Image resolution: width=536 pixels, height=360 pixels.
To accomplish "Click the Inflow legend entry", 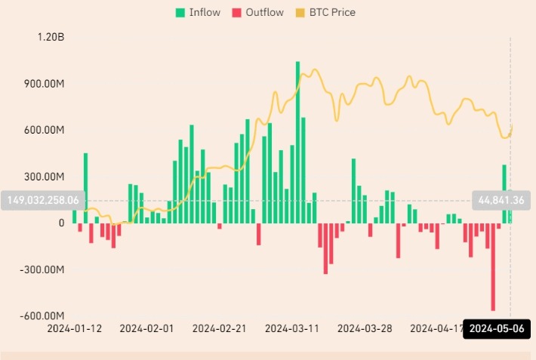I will [198, 12].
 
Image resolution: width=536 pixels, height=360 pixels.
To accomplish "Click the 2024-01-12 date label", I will [74, 328].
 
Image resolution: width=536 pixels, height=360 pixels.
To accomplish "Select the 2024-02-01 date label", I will [146, 328].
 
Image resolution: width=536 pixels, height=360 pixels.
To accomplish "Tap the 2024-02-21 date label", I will [219, 328].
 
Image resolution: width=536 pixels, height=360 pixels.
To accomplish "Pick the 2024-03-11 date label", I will [291, 328].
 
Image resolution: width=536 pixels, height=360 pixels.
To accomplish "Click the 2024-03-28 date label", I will [364, 328].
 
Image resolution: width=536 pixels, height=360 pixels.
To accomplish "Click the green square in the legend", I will [180, 12].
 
